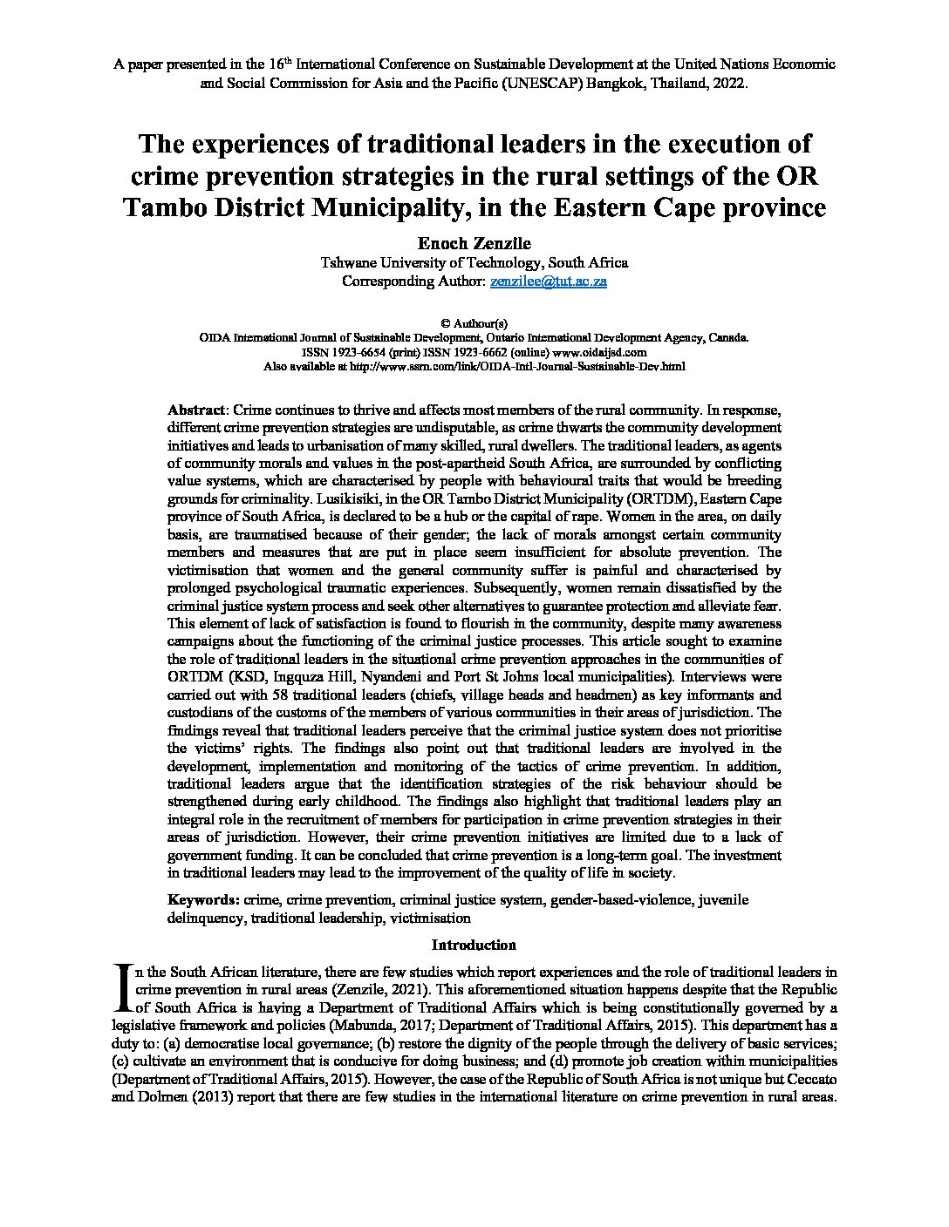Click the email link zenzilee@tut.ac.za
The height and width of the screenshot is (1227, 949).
click(548, 281)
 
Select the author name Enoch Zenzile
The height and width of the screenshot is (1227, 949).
click(474, 243)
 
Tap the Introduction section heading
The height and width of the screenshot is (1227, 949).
click(474, 945)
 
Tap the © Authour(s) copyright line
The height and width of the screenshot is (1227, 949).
click(474, 322)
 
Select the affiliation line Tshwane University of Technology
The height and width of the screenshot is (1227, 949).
click(474, 262)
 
